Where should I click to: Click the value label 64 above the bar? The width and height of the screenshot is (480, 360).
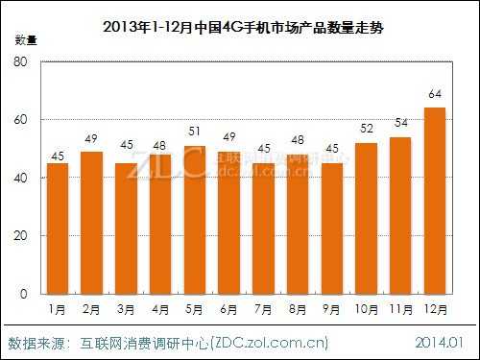(434, 94)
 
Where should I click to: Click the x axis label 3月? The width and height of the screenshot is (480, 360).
(127, 310)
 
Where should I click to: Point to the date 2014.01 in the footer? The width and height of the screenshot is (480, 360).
(439, 342)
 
